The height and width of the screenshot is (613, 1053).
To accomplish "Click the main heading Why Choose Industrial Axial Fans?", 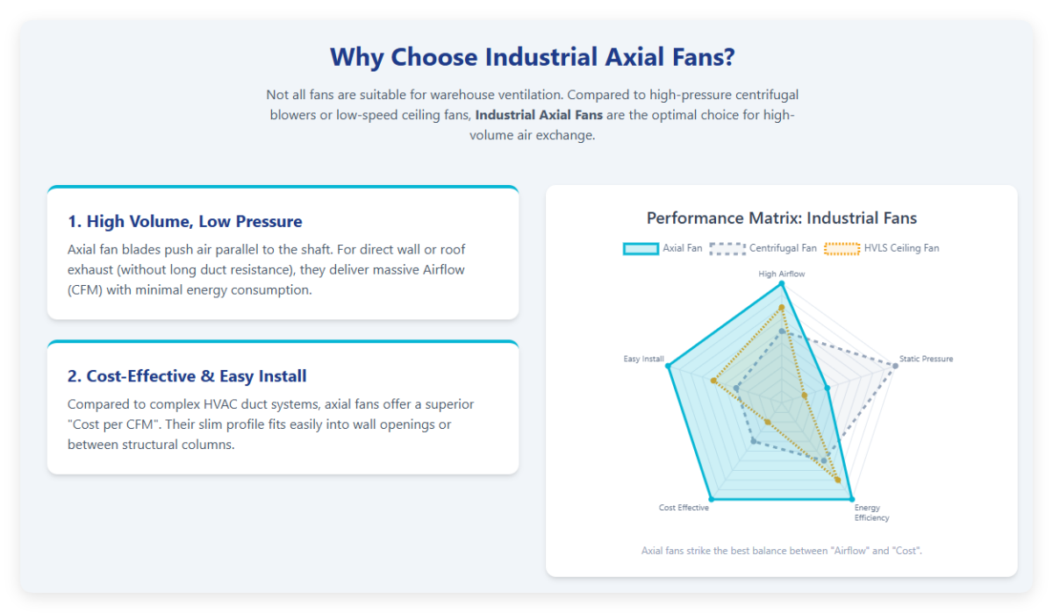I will point(532,58).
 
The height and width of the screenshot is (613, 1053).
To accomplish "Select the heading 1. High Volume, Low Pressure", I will point(184,222).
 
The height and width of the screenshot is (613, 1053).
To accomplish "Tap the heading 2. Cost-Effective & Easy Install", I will point(187,376).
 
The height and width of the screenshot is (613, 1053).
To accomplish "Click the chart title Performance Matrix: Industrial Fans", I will point(781,218).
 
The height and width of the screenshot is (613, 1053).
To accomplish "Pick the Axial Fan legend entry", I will point(663,248).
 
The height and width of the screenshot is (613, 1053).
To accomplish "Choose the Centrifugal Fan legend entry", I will point(763,248).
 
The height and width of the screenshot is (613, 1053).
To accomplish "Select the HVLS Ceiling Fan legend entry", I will point(882,248).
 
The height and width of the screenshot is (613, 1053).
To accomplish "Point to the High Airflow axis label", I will point(781,274).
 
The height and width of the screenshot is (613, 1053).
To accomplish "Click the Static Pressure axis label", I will point(926,359).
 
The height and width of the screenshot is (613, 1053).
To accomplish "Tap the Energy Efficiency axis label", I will point(871,513).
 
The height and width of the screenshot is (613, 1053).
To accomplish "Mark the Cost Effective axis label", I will point(684,508).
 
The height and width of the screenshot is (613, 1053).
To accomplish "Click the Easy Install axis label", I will point(643,359).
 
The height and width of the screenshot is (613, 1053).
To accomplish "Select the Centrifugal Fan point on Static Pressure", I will point(895,366).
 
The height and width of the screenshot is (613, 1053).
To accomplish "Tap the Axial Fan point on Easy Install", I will point(669,367).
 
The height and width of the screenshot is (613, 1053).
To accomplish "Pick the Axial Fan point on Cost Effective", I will point(709,499).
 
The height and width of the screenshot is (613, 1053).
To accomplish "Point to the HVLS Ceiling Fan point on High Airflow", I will point(781,306).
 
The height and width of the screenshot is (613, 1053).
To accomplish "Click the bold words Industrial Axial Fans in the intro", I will point(539,115).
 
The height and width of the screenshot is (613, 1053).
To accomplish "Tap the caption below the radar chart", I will point(781,551).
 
